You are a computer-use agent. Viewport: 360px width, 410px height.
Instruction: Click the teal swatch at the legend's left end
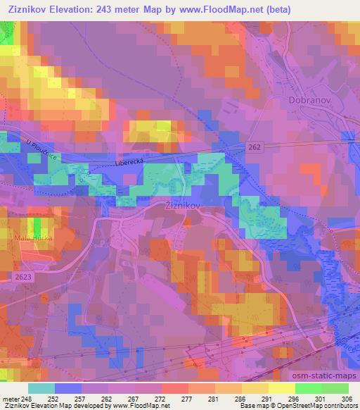click(41, 387)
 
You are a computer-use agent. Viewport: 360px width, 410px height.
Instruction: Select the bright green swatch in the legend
click(308, 387)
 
